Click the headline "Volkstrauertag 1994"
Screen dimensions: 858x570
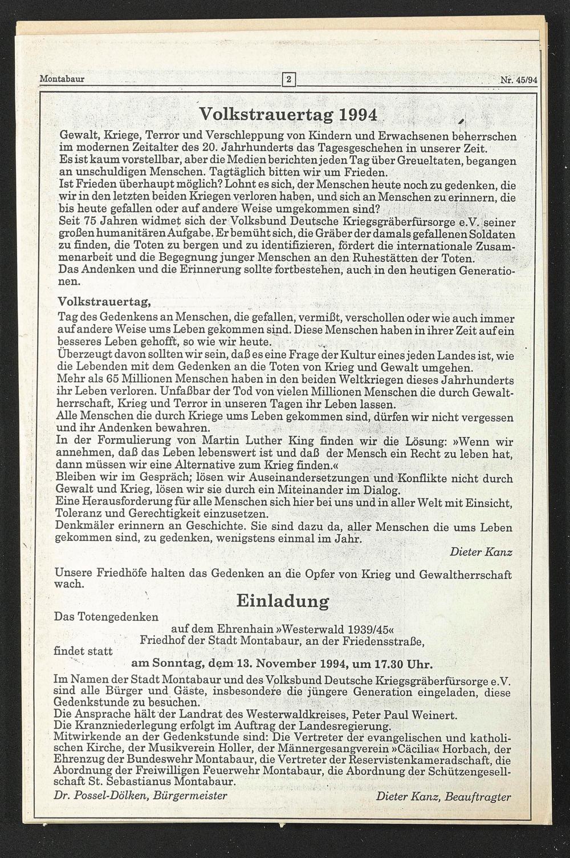[288, 115]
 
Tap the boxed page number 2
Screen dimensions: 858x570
[289, 79]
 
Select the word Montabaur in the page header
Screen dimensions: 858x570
[62, 79]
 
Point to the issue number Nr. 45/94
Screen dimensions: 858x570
[519, 80]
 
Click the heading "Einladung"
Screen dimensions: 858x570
[283, 601]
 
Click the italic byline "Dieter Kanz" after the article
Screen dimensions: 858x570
[481, 552]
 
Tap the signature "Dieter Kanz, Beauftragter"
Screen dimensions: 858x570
[443, 797]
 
